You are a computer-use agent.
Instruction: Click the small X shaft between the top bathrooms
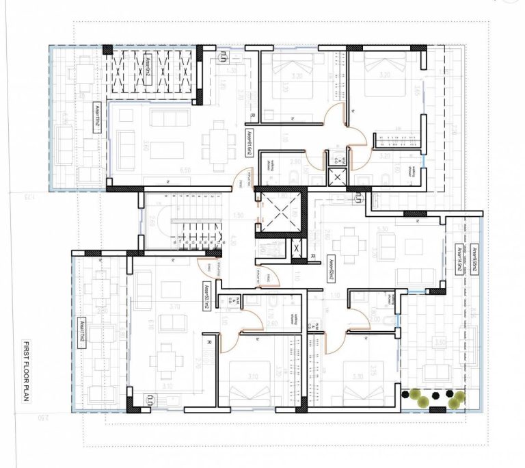coord(336,177)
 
